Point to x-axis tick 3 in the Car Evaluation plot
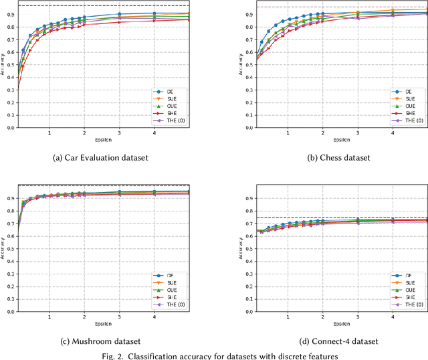pyautogui.click(x=119, y=131)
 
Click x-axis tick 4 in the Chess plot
pyautogui.click(x=393, y=131)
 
